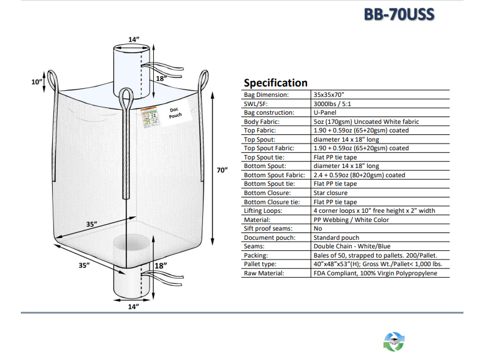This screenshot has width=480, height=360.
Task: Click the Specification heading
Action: point(275,83)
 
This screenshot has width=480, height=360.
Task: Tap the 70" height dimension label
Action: point(223,169)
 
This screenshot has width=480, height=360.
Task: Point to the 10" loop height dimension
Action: point(37,82)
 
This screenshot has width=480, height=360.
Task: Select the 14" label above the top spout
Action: point(134,40)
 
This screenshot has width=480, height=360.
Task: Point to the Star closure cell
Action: point(330,193)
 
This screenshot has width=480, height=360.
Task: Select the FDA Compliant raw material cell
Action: point(375,273)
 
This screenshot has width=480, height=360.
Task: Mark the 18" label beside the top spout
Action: point(161,78)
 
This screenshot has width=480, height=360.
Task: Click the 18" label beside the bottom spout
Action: point(161,266)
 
